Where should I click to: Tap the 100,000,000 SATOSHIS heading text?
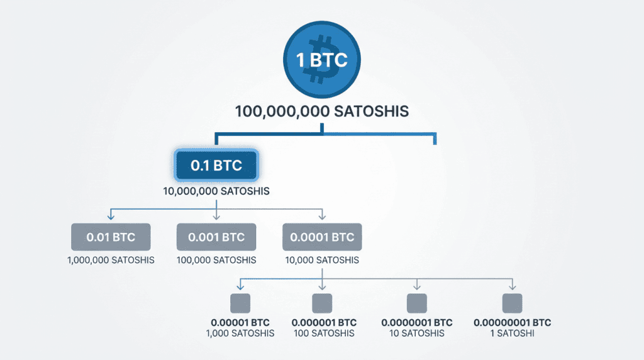pos(322,111)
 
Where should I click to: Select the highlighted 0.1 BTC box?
pos(216,166)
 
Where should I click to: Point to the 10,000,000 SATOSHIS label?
pos(216,190)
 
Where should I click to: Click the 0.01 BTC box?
pos(111,238)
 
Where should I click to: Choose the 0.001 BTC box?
pos(216,238)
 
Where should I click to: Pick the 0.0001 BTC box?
pos(322,238)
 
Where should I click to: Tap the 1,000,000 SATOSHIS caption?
pos(111,260)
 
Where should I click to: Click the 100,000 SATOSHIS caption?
pos(216,260)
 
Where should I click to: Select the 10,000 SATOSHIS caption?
pos(322,260)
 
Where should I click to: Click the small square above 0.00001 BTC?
pos(240,303)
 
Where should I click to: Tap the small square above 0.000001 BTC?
pos(322,303)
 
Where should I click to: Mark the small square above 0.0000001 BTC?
pos(416,303)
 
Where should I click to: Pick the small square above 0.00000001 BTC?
pos(512,303)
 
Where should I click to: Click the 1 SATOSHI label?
pos(512,334)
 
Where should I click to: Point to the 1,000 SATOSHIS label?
pos(240,334)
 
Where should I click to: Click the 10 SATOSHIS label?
pos(416,334)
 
